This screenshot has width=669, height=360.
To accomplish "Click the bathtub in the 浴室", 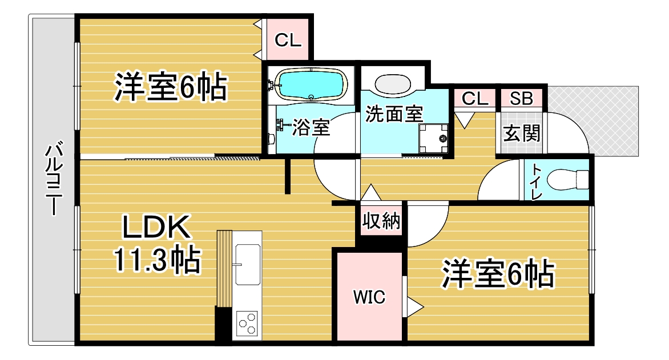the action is (311, 85).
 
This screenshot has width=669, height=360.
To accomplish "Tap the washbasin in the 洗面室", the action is (393, 84).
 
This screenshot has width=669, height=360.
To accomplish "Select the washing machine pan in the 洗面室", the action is (433, 138).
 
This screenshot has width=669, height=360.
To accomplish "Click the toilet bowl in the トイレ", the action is (567, 180).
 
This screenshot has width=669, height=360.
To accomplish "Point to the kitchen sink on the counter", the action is (248, 265).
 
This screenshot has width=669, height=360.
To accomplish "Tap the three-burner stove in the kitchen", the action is (248, 323).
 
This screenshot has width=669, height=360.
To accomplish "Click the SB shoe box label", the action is (521, 99).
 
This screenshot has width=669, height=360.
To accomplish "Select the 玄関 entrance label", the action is (522, 134).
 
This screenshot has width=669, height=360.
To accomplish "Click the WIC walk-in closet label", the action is (369, 297).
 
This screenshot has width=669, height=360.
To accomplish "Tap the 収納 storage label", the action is (381, 221).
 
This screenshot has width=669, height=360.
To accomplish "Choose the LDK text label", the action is (156, 227).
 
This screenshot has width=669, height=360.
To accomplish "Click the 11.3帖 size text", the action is (156, 260).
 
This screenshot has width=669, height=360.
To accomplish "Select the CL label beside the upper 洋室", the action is (288, 41).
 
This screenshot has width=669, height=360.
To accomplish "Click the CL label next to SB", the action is (475, 99).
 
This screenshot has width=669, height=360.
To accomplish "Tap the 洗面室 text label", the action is (394, 114).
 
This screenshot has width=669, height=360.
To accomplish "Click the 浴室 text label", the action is (311, 127).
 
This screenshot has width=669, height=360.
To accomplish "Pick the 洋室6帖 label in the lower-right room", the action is (498, 273).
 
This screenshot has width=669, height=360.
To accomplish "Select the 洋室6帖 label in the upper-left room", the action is (170, 87).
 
